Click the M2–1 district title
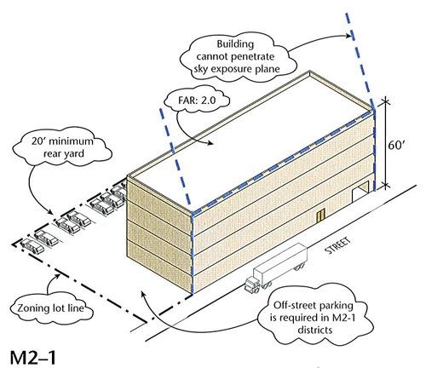(x=33, y=357)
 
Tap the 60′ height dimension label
(x=396, y=145)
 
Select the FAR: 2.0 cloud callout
(x=197, y=100)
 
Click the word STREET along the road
(x=338, y=246)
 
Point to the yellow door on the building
(x=321, y=215)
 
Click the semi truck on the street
(x=276, y=267)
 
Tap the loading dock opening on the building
(x=360, y=192)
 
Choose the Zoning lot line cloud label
(x=51, y=308)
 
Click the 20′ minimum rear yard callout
(x=62, y=147)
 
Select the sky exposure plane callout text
(x=236, y=56)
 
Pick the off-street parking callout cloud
(x=313, y=318)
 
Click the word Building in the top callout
(x=235, y=44)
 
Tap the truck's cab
(x=252, y=285)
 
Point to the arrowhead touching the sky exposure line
(x=348, y=36)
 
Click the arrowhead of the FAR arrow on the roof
(x=210, y=143)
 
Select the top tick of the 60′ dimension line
(x=385, y=101)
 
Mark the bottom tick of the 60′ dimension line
(x=385, y=186)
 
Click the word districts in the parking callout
(x=314, y=330)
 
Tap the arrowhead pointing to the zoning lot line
(x=58, y=275)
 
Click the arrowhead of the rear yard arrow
(x=50, y=212)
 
